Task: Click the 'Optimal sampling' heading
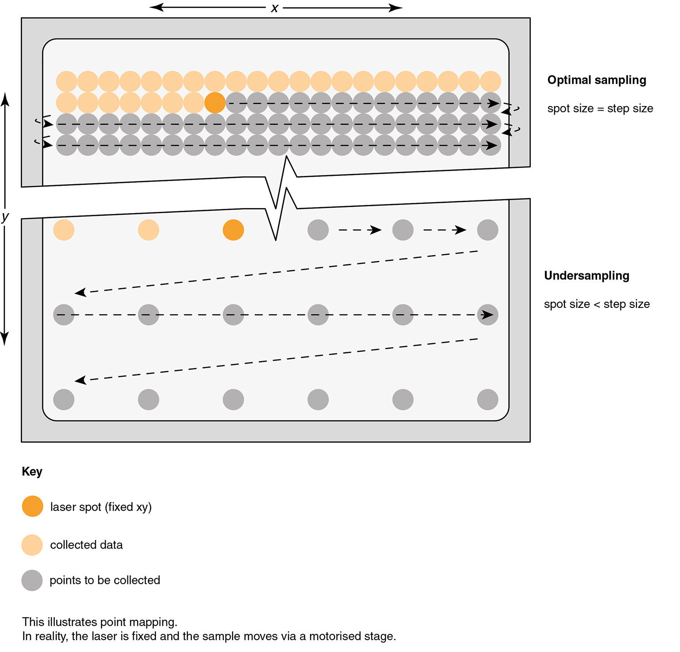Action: click(x=597, y=80)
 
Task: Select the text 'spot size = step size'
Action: click(x=600, y=109)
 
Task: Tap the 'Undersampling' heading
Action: click(x=587, y=276)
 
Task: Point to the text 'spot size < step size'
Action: click(x=597, y=304)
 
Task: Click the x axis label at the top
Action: click(x=274, y=8)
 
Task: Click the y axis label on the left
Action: click(x=5, y=217)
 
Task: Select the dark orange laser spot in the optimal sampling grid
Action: click(x=215, y=103)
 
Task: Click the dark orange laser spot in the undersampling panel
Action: click(x=233, y=230)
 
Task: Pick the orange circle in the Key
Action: click(x=33, y=506)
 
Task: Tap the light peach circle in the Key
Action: click(x=32, y=545)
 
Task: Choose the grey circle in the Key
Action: click(x=32, y=580)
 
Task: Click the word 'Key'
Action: click(x=32, y=472)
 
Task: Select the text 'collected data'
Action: click(x=86, y=545)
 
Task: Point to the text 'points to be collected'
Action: click(x=105, y=580)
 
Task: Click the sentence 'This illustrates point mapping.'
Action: click(x=100, y=622)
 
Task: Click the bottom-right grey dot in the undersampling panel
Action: click(x=488, y=399)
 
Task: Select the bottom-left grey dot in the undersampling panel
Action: click(x=64, y=399)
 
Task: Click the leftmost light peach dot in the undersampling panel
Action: click(x=64, y=230)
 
